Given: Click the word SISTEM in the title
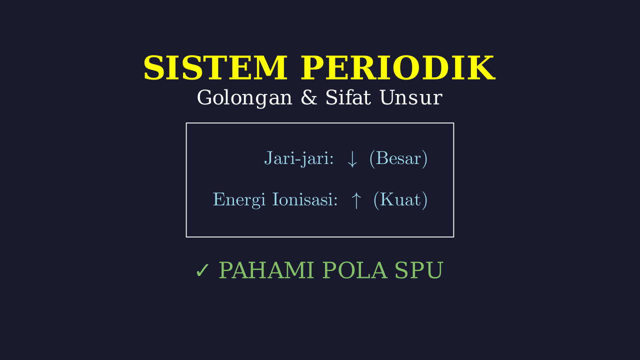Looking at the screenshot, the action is pos(215,68).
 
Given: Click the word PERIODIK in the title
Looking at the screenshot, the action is pos(397,68).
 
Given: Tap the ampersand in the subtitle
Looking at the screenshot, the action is pos(309,97).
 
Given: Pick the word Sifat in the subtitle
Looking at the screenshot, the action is pos(348,97).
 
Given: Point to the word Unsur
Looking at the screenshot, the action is pos(411,97).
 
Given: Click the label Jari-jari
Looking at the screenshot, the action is pos(297,158).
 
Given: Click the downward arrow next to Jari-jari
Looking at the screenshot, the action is pos(352,159).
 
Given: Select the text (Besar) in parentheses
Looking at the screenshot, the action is pos(398,158).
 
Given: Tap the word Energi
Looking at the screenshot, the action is pos(239,200).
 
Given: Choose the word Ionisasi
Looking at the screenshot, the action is pos(302,199).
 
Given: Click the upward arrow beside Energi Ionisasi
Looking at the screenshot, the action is pos(356,200).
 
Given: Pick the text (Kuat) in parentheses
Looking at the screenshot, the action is pos(400,199).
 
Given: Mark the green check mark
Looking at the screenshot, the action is pos(202,270).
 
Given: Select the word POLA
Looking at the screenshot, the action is pos(355,270).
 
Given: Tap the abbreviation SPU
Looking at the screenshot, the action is pos(419,270).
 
